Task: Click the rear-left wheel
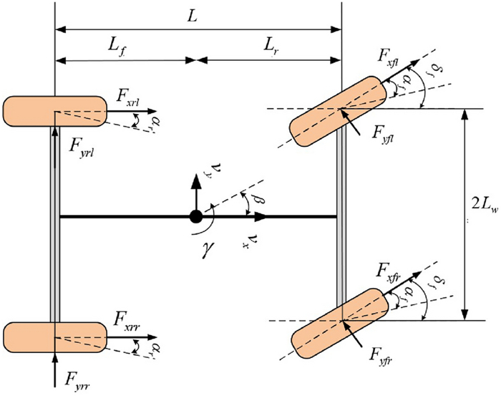54,111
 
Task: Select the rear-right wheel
54,335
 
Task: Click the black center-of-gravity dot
195,216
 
